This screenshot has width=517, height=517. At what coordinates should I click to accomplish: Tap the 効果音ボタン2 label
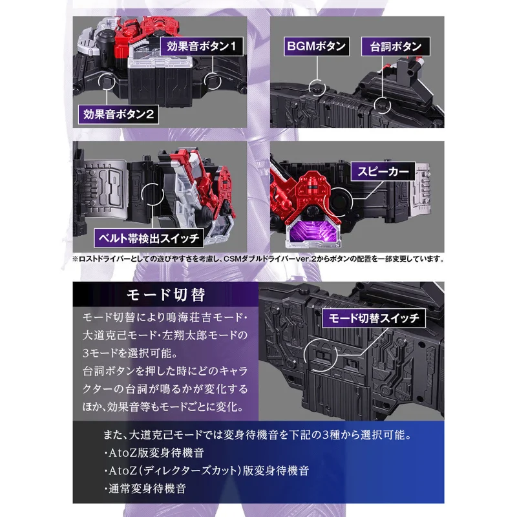click(118, 114)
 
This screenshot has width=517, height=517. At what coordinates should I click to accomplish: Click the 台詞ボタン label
click(396, 47)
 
